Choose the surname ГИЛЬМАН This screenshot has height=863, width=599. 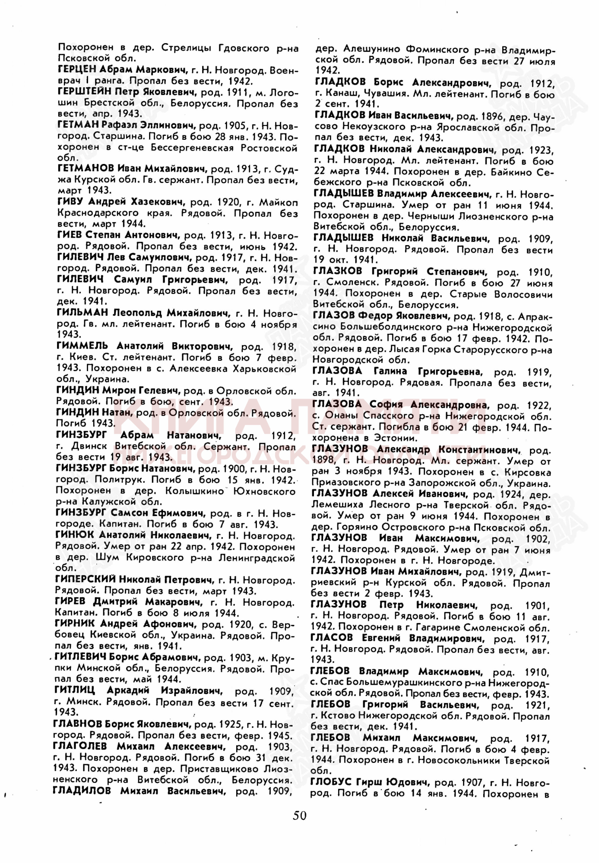click(x=82, y=312)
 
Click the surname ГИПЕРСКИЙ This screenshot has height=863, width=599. click(x=85, y=579)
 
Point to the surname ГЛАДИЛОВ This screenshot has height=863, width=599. click(x=82, y=791)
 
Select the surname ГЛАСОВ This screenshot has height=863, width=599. click(x=331, y=638)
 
